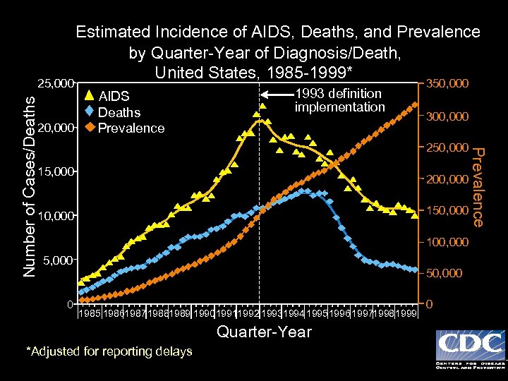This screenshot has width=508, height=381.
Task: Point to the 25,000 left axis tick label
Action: (55, 84)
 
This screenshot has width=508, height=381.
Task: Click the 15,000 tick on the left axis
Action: (55, 171)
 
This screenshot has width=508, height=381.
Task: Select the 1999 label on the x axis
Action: (406, 313)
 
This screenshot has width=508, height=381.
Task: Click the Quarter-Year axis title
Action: (264, 332)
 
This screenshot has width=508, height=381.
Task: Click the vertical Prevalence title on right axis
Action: (478, 186)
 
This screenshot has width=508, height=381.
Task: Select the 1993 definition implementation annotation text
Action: (339, 100)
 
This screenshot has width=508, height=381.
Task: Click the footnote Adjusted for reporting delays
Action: (109, 351)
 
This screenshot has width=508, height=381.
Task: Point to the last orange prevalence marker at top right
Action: (415, 106)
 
